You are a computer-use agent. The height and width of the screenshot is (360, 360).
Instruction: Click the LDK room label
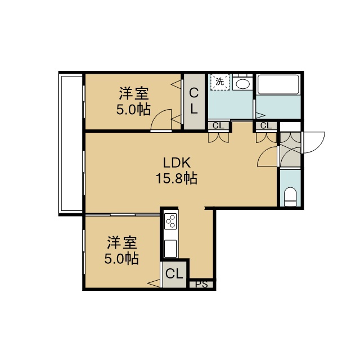tap(177, 163)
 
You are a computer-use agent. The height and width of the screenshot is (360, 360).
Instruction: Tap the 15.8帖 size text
tap(177, 178)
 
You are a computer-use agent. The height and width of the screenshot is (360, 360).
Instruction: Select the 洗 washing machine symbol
tap(220, 82)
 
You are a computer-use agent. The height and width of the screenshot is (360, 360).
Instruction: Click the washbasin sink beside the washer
tap(242, 84)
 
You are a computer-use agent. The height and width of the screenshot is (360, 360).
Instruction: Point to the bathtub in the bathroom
tap(278, 84)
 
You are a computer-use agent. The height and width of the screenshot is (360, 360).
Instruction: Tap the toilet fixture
tap(290, 197)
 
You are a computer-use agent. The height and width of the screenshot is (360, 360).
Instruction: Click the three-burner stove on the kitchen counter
tap(171, 221)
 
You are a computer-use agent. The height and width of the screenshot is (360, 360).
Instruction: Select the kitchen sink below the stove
tap(170, 249)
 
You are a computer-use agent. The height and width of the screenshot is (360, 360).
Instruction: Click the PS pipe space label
tap(201, 284)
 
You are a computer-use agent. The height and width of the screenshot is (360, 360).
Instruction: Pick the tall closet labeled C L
tap(194, 101)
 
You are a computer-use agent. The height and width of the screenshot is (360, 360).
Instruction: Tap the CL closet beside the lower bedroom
tap(174, 274)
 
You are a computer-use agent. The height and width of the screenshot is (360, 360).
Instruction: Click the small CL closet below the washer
tap(218, 126)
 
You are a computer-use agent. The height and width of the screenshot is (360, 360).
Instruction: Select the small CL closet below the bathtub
tap(266, 125)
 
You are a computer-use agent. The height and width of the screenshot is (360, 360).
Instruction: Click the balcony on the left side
tap(70, 143)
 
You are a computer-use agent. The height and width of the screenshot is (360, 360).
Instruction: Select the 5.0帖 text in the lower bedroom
tap(121, 259)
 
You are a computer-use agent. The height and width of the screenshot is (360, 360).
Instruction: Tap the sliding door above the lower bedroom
tap(123, 215)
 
